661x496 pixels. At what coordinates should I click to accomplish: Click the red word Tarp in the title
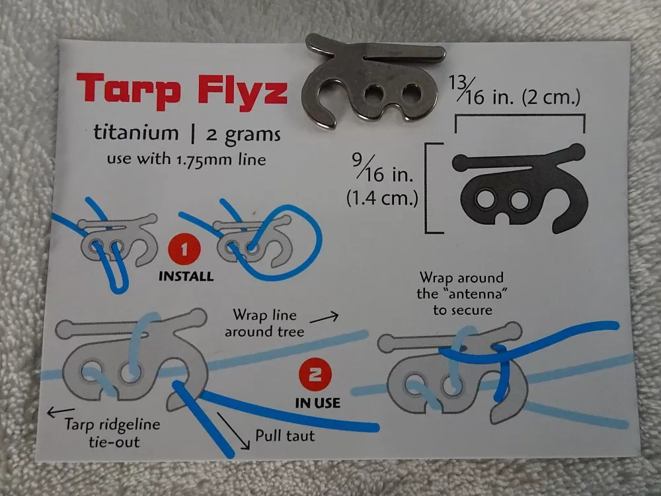pos(129,89)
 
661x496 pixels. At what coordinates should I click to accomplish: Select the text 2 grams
pos(243,135)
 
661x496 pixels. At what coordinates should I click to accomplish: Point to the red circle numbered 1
pos(184,250)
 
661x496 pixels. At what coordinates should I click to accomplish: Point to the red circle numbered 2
pos(315,374)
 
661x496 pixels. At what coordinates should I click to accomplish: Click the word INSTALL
pos(186,276)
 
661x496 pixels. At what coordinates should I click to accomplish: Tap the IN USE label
pos(317,403)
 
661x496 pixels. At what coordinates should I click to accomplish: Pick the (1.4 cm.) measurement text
pos(382,198)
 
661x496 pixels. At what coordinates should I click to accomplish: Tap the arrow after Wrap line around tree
pos(325,318)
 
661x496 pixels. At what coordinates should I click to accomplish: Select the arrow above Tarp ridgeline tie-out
pos(61,411)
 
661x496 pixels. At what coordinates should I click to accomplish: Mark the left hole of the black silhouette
pos(486,199)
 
